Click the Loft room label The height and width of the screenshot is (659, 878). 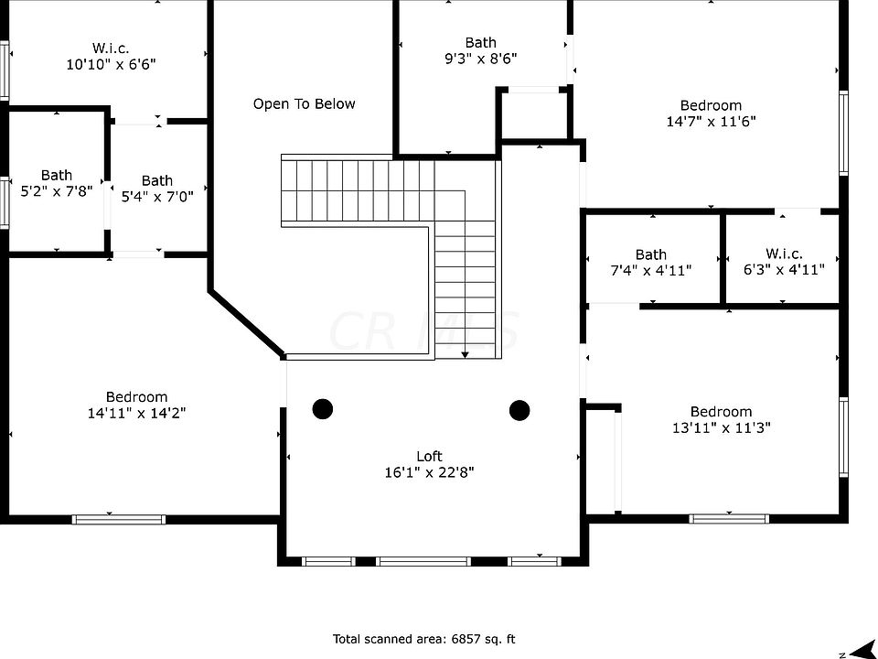[x=429, y=456]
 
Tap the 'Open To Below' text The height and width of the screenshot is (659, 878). [x=304, y=103]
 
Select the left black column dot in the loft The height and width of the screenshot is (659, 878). [x=323, y=409]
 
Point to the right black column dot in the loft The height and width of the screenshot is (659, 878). [x=519, y=410]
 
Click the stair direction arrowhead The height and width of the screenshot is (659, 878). [x=465, y=354]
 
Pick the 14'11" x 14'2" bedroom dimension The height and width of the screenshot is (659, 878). [x=136, y=413]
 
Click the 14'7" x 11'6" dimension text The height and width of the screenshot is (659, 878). [x=712, y=121]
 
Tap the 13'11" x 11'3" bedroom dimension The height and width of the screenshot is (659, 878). [x=722, y=427]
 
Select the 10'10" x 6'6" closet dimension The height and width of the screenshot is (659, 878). [x=111, y=64]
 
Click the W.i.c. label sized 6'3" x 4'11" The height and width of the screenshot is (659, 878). [x=784, y=254]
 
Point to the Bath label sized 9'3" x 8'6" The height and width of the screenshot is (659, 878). [x=480, y=43]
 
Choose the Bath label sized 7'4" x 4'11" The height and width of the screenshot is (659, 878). [x=650, y=255]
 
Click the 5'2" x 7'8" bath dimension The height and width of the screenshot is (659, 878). [x=57, y=191]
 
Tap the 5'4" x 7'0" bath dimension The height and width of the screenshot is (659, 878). [x=157, y=196]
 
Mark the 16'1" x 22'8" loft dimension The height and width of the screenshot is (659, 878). [x=429, y=472]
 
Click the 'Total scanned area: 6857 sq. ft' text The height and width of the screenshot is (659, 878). [x=423, y=639]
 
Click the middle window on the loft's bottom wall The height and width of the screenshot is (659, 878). [x=423, y=561]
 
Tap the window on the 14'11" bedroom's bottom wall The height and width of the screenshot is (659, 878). [x=119, y=520]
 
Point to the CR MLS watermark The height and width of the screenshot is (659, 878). [x=423, y=330]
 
